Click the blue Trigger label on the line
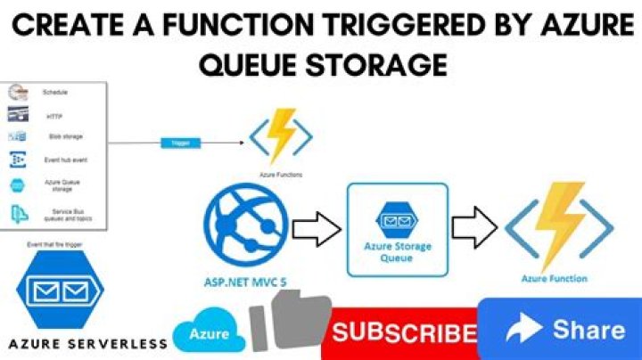point(176,142)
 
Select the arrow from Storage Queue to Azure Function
point(473,229)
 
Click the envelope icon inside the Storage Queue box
point(396,217)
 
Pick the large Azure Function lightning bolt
point(559,225)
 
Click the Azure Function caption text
point(555,279)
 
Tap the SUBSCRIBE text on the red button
point(402,333)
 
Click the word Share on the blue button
point(588,331)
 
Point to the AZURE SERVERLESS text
point(86,343)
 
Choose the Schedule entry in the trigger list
point(56,93)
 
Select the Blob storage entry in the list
point(65,136)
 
